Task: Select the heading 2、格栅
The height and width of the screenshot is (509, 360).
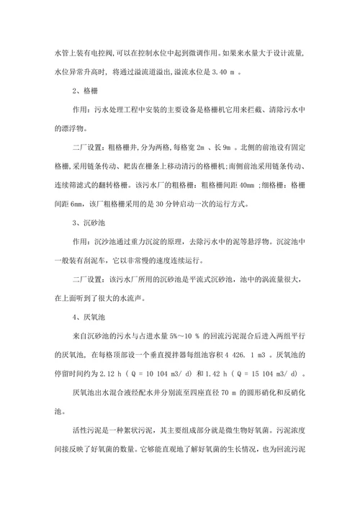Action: (89, 91)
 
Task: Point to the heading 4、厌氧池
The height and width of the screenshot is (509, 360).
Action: (93, 316)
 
